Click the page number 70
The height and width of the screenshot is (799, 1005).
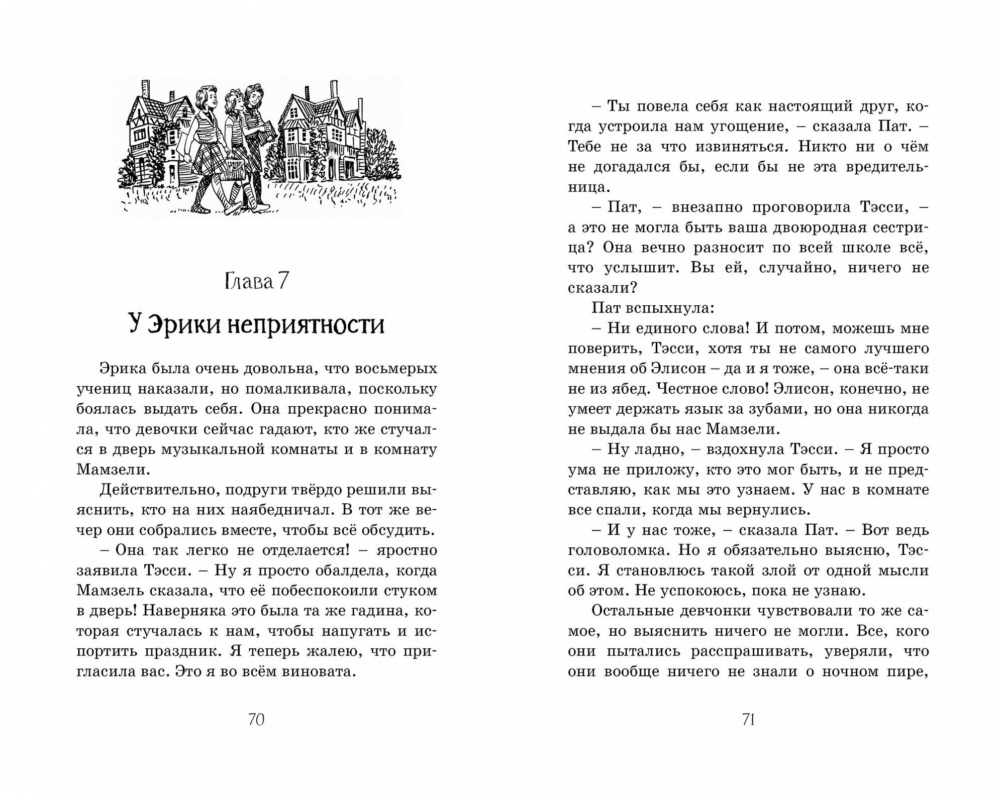tap(256, 720)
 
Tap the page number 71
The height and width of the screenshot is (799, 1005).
tap(749, 720)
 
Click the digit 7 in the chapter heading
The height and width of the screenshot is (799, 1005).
tap(283, 282)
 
